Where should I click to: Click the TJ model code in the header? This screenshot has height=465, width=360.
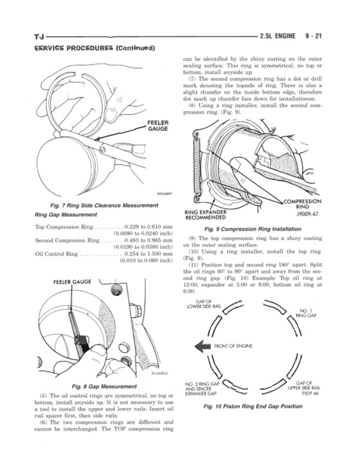point(40,36)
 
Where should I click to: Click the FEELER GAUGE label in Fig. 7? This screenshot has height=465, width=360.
point(157,125)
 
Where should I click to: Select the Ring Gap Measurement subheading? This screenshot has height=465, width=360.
point(62,215)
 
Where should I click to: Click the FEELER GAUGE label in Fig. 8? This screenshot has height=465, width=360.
point(72,282)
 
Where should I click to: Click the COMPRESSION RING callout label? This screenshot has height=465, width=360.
point(302,204)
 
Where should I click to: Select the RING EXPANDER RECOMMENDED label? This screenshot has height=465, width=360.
point(212,214)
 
